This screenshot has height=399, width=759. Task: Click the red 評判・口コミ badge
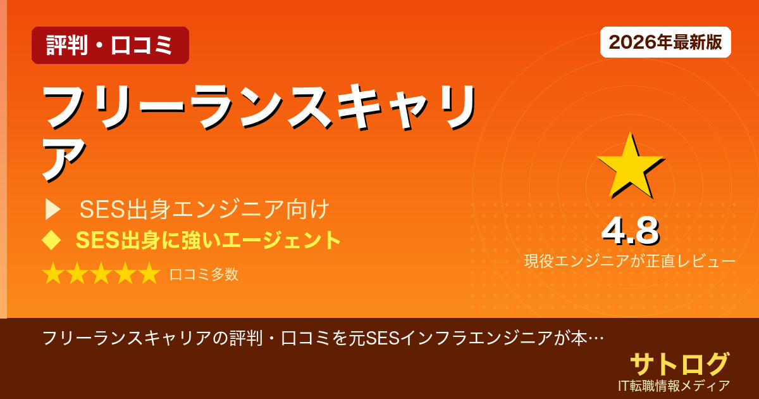coord(110,46)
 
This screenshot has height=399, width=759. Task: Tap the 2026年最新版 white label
coord(665,42)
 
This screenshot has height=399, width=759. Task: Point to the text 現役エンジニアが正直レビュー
coord(629,262)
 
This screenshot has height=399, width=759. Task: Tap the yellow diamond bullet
coord(51,240)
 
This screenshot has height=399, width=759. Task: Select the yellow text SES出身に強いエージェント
coord(208,241)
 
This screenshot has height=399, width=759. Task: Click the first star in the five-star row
coord(53,274)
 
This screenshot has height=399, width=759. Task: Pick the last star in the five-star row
coord(149,274)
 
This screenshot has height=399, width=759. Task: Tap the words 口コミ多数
coord(204,274)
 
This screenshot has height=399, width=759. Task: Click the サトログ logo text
coord(679,364)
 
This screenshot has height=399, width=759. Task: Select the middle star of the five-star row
coord(101,274)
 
